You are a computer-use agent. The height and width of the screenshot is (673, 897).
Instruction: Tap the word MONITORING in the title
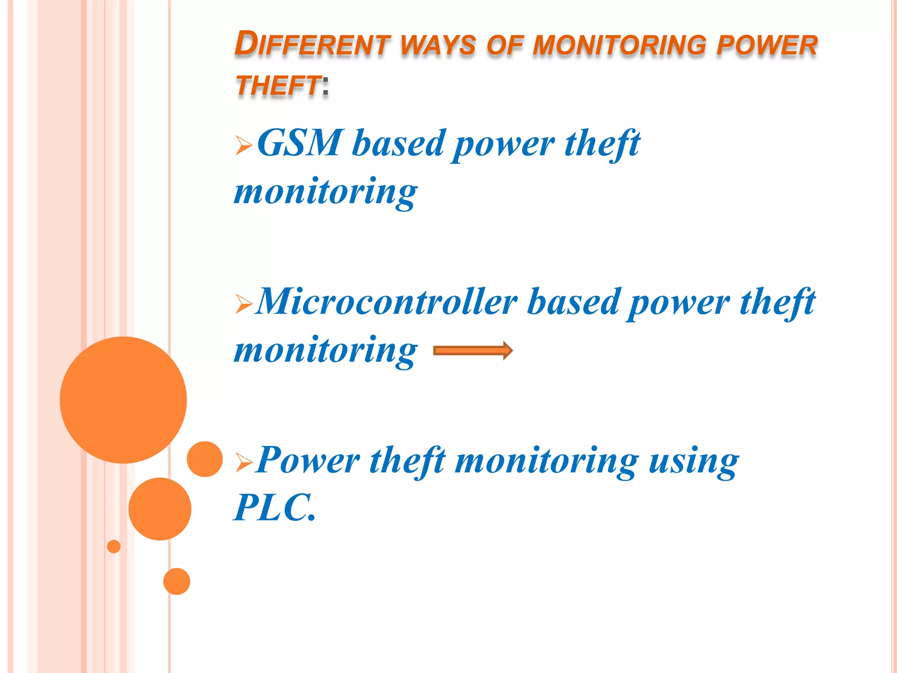pos(619,45)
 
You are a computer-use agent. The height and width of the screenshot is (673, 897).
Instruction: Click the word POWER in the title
pos(767,45)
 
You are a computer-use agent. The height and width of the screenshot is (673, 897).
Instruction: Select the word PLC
pos(273,507)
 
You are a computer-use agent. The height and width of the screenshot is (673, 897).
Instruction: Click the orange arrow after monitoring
pos(473,351)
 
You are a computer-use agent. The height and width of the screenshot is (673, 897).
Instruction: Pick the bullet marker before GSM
pos(244,145)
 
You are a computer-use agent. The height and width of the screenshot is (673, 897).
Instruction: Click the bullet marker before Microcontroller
pos(244,304)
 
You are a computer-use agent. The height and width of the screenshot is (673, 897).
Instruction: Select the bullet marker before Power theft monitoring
pos(244,462)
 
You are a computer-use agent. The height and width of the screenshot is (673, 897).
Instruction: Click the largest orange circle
pos(123,400)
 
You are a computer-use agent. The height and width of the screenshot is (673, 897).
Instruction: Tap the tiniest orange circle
pos(113,546)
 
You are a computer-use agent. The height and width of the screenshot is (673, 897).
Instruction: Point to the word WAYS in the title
pos(438,45)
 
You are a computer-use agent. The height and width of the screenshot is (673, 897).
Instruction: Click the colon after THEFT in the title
pos(325,85)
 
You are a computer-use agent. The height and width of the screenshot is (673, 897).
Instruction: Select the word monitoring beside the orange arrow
pos(325,351)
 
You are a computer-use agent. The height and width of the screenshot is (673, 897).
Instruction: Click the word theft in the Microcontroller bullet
pos(777,303)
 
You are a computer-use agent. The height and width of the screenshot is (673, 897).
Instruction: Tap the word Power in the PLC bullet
pos(308,461)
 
